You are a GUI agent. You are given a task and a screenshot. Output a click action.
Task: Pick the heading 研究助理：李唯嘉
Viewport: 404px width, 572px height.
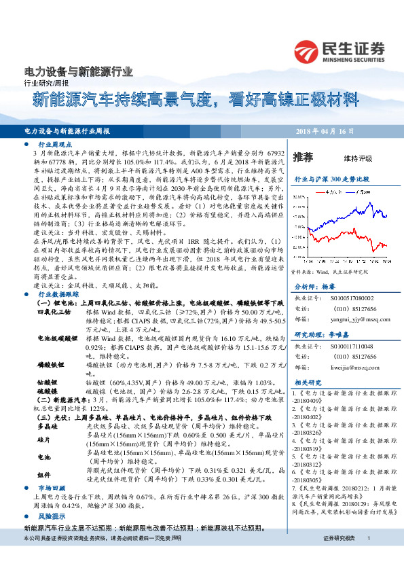click(316, 335)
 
